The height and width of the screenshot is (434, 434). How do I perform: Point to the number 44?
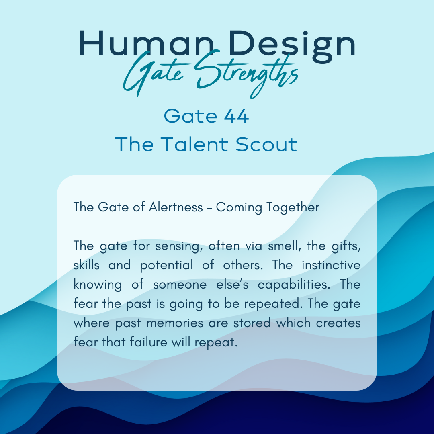(x=236, y=116)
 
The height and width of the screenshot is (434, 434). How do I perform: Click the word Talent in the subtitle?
(x=194, y=144)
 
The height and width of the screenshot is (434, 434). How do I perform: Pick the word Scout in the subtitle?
(x=266, y=145)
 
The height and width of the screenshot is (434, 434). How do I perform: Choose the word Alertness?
(x=176, y=207)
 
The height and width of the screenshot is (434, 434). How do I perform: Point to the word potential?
(x=166, y=266)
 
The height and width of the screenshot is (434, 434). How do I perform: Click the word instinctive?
(x=331, y=265)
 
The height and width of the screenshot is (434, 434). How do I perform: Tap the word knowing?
(x=97, y=285)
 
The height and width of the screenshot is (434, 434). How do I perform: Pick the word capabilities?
(x=294, y=285)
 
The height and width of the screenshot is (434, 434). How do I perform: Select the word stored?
(x=252, y=323)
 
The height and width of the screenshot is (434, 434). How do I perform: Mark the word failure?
(x=148, y=342)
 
